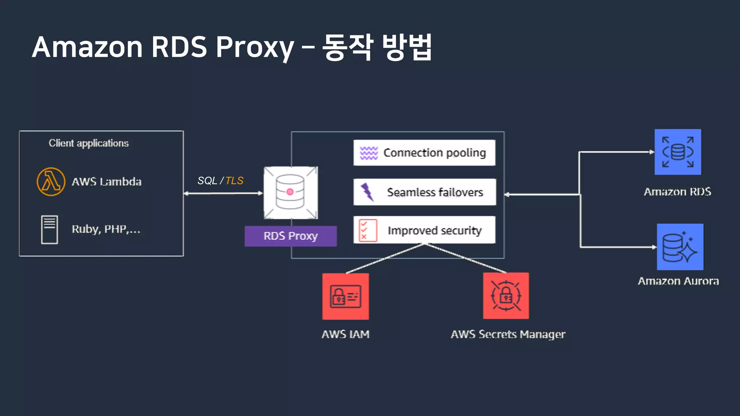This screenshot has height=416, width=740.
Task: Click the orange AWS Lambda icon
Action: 51,182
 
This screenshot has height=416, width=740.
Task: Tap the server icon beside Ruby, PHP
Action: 50,230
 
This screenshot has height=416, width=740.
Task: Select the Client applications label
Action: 89,143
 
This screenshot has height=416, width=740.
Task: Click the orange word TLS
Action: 234,181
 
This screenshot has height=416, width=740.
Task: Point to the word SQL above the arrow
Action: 207,181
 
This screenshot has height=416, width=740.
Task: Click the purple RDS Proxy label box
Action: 291,236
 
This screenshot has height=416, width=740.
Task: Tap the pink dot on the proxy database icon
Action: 290,192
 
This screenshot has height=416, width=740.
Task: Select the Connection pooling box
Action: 424,153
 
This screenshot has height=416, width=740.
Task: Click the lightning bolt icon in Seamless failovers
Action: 367,192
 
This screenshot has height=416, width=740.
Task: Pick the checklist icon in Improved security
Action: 368,230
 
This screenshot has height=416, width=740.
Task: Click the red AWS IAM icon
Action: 345,296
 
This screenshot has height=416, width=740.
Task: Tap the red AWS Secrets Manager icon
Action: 506,296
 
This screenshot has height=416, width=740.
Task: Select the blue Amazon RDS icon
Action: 678,152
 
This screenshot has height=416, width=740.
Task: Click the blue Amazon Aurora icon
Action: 680,247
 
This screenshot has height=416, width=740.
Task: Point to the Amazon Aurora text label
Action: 678,281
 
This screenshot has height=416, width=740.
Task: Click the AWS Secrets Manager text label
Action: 508,334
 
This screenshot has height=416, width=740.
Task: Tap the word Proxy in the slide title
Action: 255,48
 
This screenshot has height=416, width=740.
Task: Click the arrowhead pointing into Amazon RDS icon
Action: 652,152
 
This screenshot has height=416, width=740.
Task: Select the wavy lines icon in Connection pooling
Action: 369,153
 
